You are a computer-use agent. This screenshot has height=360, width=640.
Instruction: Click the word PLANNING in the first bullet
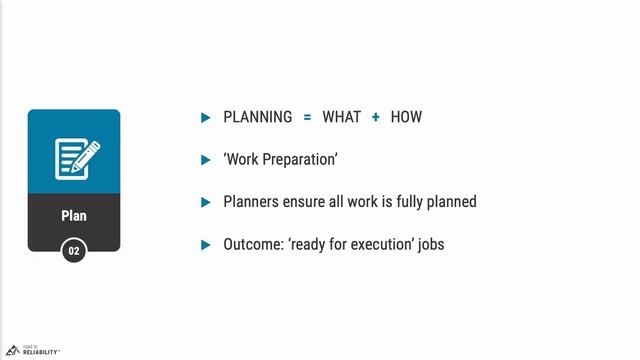258,117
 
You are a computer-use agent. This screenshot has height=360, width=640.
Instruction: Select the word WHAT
343,117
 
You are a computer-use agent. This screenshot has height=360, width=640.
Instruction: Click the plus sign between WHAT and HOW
376,117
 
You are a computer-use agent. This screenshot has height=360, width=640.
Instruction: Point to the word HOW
406,117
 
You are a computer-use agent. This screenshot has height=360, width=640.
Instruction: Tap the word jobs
429,244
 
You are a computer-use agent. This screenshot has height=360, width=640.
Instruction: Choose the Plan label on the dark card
74,215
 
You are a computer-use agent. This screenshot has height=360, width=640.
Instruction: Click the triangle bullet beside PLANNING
205,117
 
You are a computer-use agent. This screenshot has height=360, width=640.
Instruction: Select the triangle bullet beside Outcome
205,244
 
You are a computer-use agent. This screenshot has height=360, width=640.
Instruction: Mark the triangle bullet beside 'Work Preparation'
205,159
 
